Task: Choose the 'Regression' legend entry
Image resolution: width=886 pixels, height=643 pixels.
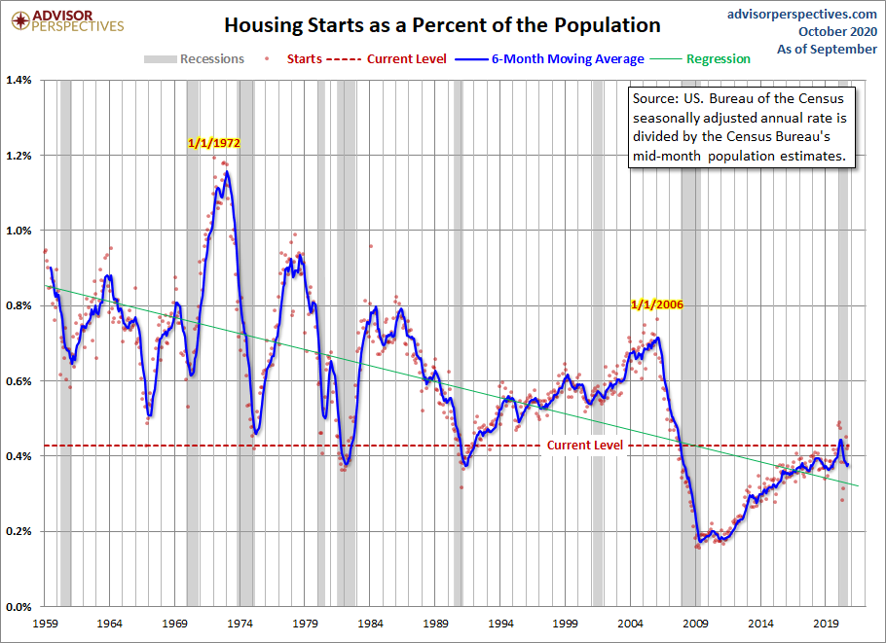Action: pos(707,59)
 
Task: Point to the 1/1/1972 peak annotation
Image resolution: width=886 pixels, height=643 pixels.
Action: pos(213,142)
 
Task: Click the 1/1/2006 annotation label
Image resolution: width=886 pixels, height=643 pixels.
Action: pos(656,304)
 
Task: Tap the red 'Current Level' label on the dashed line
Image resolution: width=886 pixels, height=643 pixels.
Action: pos(584,445)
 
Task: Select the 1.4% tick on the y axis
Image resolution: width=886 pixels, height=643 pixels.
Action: pos(20,80)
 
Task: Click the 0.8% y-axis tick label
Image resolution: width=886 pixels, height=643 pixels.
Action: pos(20,305)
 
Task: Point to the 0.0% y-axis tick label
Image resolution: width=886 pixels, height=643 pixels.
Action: pos(20,607)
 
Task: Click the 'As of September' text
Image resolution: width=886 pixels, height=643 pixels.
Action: pos(829,49)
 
